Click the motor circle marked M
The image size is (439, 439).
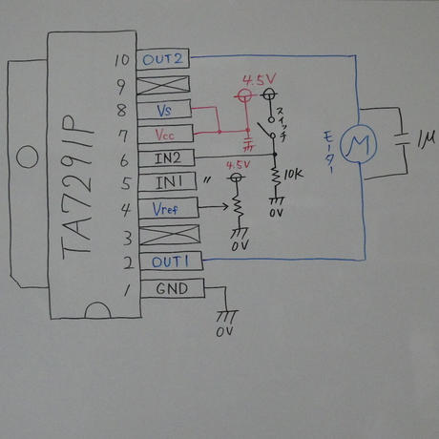coord(360,142)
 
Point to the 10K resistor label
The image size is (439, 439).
coord(293,176)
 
